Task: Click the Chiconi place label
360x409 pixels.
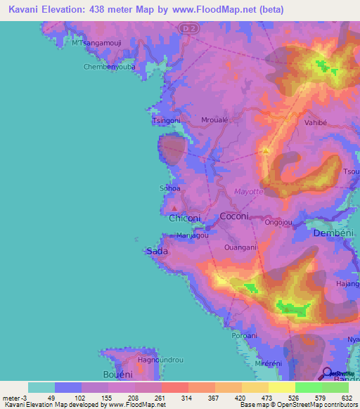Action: click(x=185, y=219)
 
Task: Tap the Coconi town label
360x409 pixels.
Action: click(x=234, y=216)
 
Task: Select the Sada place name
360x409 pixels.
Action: click(x=155, y=251)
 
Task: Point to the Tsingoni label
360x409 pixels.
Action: click(x=167, y=120)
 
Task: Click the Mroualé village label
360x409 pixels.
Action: click(x=214, y=119)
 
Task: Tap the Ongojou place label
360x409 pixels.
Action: click(x=278, y=222)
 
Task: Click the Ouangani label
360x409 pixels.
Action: click(x=239, y=247)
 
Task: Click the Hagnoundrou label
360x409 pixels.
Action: click(x=160, y=360)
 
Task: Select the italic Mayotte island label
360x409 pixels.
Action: click(x=249, y=191)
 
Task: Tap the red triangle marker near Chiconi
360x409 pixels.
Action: click(x=174, y=208)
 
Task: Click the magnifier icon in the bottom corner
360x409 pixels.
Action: click(x=327, y=372)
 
